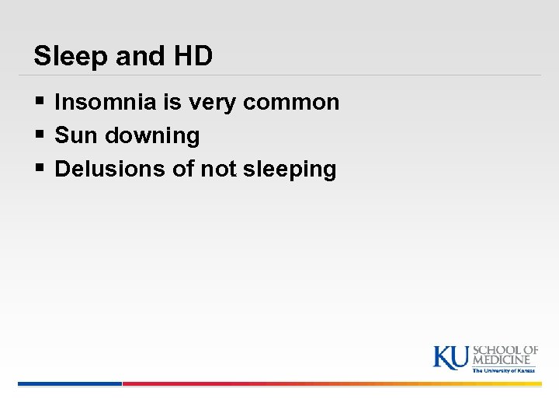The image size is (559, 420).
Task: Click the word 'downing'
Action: coord(153,136)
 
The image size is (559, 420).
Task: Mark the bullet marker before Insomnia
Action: coord(40,102)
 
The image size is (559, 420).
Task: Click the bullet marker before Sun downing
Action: coord(40,135)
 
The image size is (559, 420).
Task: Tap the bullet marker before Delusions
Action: coord(40,169)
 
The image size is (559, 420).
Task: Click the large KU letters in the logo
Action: coord(450,356)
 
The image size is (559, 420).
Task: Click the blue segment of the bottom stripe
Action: coord(70,383)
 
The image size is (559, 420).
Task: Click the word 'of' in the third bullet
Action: coord(182,169)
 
